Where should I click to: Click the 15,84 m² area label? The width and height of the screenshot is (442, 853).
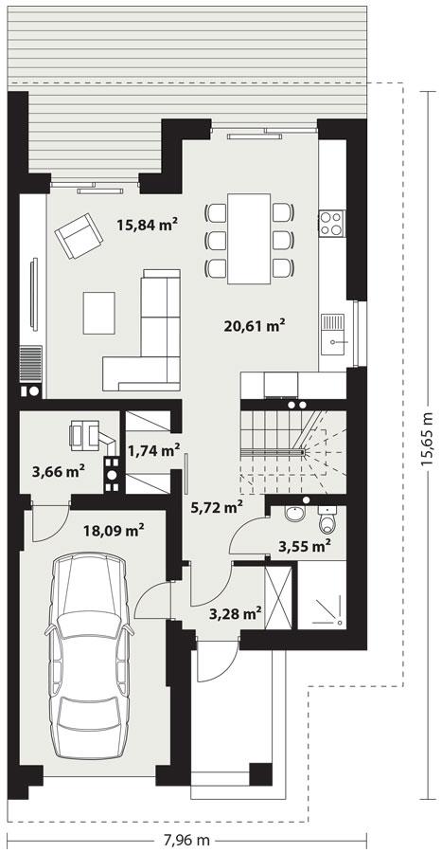(x=148, y=225)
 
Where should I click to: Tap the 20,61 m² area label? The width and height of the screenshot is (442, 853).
(x=255, y=326)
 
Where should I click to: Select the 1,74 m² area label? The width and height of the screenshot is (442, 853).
(x=153, y=450)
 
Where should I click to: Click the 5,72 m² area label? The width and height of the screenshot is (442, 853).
(x=217, y=507)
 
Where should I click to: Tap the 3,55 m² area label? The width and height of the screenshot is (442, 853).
(x=303, y=545)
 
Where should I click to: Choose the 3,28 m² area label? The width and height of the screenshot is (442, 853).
(x=234, y=613)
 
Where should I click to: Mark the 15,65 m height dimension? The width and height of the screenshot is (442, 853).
(x=427, y=435)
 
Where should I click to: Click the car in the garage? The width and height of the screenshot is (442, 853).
(x=90, y=656)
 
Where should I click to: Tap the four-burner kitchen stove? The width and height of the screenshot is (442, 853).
(x=331, y=223)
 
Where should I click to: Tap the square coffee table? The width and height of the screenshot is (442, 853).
(x=98, y=313)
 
